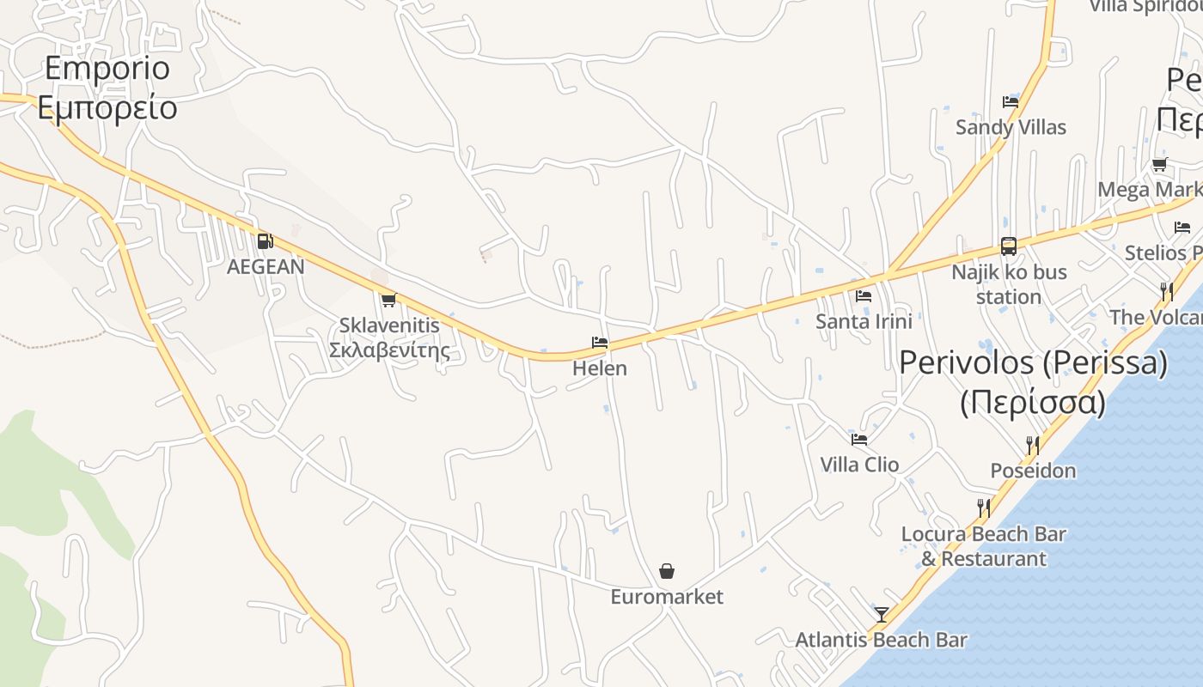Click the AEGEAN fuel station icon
pos(265,241)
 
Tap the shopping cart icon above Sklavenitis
pos(388,300)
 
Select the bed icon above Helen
pos(600,343)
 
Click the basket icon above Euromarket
pos(667,571)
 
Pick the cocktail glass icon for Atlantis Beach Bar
pos(882,614)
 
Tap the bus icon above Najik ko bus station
pos(1009,246)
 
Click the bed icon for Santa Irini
pos(864,295)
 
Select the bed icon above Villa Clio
pos(858,440)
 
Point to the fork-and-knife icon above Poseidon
pos(1033,445)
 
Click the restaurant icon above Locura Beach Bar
pos(984,508)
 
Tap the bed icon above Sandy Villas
pos(1011,101)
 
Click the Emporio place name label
pos(107,68)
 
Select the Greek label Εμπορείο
pos(107,108)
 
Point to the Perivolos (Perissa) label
pos(1033,362)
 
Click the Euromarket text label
pos(667,597)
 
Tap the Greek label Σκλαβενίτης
pos(390,350)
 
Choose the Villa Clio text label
pos(859,465)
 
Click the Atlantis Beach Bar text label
pos(881,640)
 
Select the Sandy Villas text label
pos(1011,127)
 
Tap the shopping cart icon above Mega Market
pos(1159,164)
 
